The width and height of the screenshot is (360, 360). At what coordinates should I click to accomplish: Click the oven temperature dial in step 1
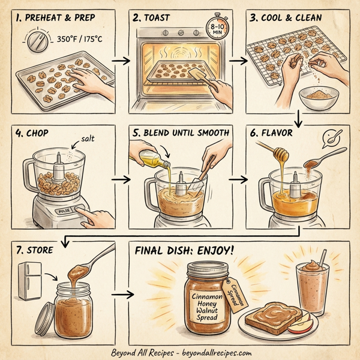click(x=34, y=43)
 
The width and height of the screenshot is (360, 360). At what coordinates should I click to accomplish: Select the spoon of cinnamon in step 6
click(x=316, y=161)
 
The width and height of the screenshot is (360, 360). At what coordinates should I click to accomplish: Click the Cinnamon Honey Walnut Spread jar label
click(x=207, y=305)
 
